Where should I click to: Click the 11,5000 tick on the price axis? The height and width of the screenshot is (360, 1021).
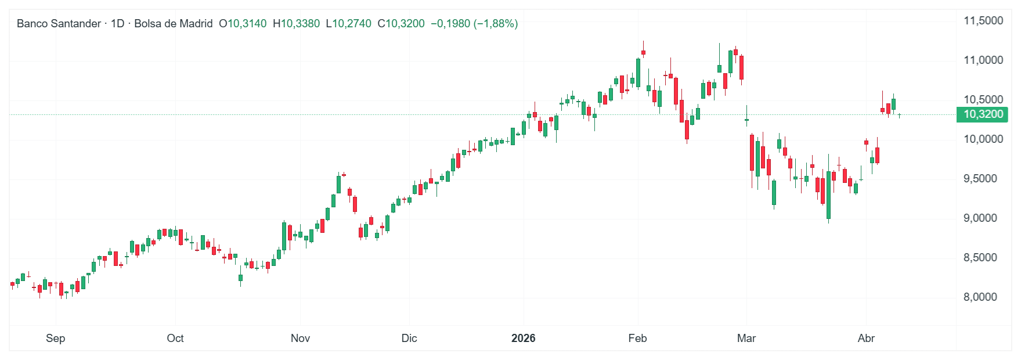[983, 21]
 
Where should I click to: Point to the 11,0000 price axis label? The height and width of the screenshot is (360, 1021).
[983, 60]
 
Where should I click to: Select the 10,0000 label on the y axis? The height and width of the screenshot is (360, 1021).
[983, 139]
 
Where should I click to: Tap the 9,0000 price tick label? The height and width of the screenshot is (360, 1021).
[983, 218]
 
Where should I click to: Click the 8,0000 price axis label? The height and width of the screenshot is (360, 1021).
[983, 297]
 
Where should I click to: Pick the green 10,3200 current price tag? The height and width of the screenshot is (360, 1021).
[983, 114]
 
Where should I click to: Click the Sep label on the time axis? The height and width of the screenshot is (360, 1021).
[56, 339]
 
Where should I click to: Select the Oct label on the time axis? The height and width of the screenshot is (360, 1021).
[175, 339]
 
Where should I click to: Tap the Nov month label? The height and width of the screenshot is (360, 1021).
[300, 339]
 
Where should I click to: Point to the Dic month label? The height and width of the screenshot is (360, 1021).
[409, 339]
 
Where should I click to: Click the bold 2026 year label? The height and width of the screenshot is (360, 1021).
[523, 339]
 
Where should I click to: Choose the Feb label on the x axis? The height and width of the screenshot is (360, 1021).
[637, 339]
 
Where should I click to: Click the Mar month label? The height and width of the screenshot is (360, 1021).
[746, 339]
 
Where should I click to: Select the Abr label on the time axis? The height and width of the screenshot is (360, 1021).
[866, 339]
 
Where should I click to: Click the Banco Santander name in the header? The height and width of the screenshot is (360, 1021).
[59, 24]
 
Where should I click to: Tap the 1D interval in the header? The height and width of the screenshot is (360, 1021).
[118, 24]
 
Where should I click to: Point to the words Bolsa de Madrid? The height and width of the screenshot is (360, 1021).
[173, 24]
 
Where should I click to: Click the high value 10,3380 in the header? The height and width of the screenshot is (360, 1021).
[300, 24]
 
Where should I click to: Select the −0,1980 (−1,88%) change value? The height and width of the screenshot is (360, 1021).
[474, 24]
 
